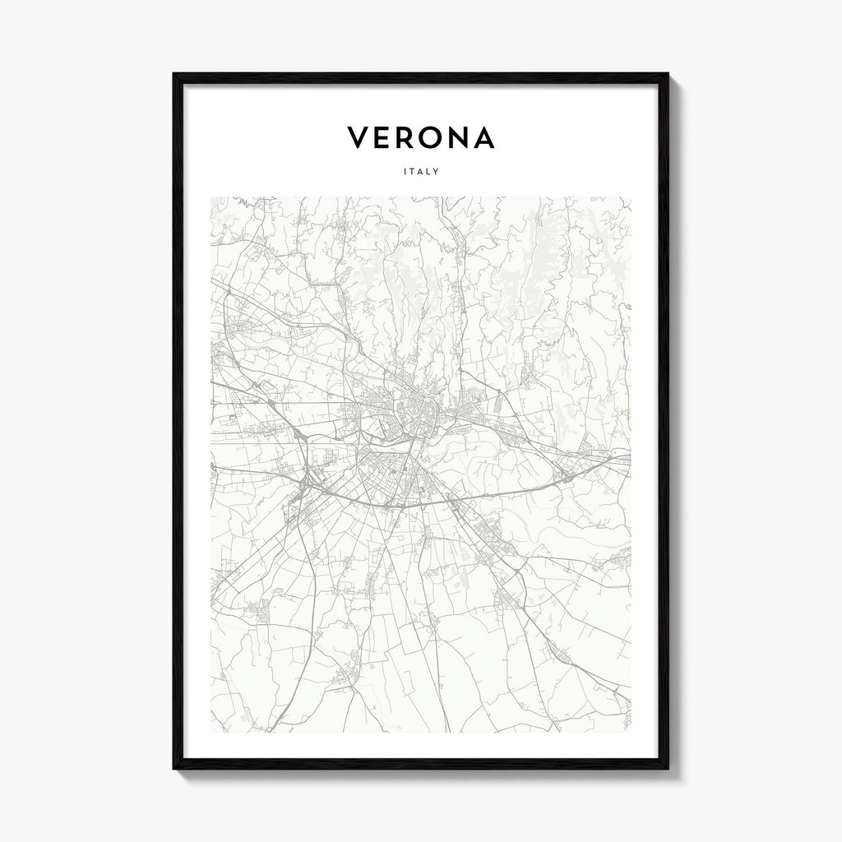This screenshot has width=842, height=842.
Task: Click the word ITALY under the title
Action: coord(421,172)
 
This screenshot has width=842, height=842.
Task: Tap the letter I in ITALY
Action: coord(405,172)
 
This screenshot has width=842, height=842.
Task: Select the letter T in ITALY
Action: coord(413,172)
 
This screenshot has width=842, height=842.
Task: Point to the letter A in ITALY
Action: coord(421,172)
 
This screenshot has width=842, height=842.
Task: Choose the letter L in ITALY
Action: coord(429,172)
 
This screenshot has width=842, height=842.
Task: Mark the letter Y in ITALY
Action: coord(437,172)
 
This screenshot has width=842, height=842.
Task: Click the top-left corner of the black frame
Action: coord(174,75)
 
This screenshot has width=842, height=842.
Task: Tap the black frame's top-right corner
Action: coord(668,75)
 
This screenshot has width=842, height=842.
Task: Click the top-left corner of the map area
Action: coord(211,197)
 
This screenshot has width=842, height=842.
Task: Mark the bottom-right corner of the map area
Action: coord(631,732)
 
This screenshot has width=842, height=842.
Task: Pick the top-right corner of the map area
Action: coord(631,197)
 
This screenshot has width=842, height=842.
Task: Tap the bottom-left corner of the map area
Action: coord(211,732)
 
